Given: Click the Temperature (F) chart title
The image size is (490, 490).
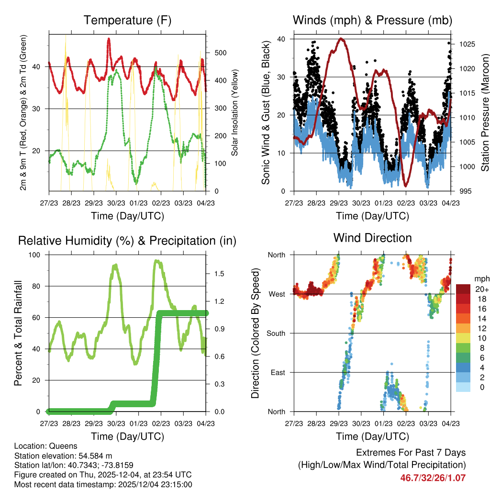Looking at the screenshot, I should click(x=127, y=21).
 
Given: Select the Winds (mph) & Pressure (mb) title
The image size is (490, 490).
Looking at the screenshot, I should click(x=372, y=21).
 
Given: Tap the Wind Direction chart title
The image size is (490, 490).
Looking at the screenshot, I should click(x=372, y=238).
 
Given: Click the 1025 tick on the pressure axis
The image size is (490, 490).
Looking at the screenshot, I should click(x=466, y=45).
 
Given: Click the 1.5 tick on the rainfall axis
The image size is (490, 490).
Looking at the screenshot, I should click(x=220, y=274).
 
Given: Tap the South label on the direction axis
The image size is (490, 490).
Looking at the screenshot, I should click(x=276, y=333).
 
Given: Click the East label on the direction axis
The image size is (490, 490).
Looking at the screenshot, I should click(x=278, y=372).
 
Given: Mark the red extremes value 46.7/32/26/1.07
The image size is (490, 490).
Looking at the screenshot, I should click(x=433, y=478).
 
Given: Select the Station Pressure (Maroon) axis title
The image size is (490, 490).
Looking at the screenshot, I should click(x=484, y=113).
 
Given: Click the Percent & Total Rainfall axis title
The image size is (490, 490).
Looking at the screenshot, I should click(x=18, y=333).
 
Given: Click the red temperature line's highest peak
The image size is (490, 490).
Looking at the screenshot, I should click(x=109, y=40).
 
